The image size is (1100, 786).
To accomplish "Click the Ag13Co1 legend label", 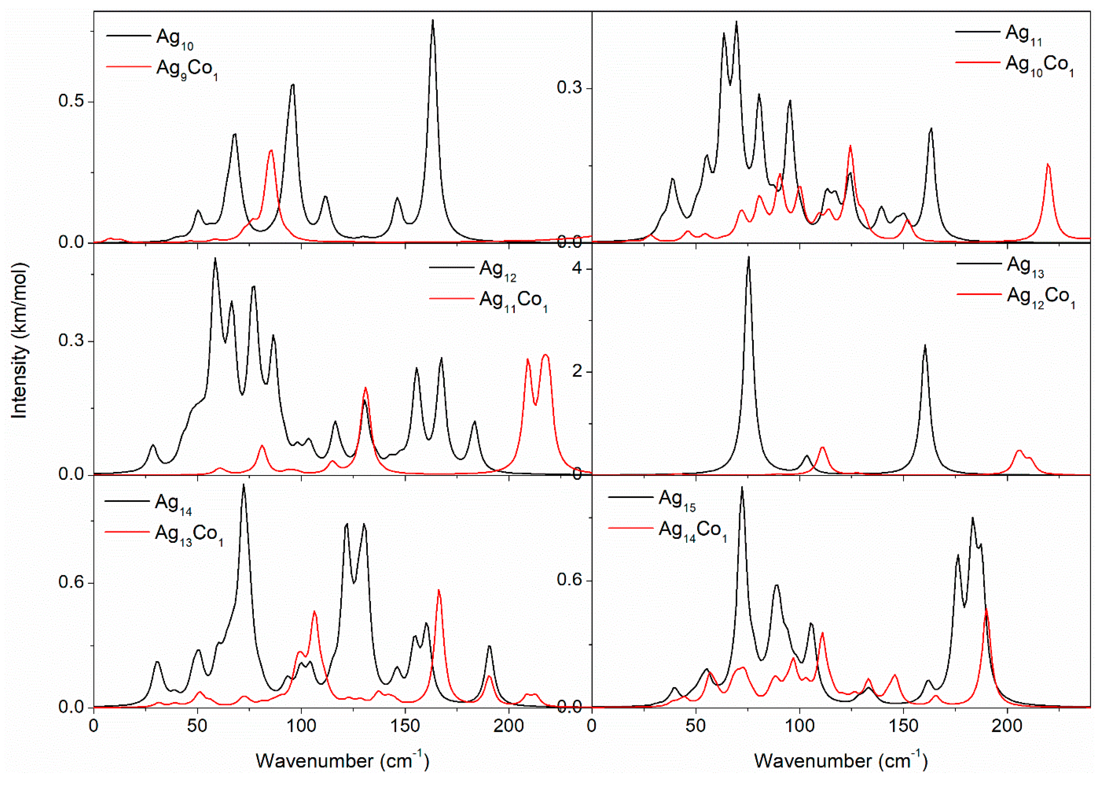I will click(x=188, y=535).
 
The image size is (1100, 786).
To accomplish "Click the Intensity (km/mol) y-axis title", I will click(x=19, y=340).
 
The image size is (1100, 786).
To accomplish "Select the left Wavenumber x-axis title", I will click(x=342, y=760).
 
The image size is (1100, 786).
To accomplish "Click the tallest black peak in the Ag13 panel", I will click(x=748, y=258).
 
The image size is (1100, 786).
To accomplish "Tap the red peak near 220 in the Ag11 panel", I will click(x=1048, y=165).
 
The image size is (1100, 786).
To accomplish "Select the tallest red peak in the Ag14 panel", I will click(x=439, y=590).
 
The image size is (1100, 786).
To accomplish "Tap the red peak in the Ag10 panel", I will click(x=271, y=151).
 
